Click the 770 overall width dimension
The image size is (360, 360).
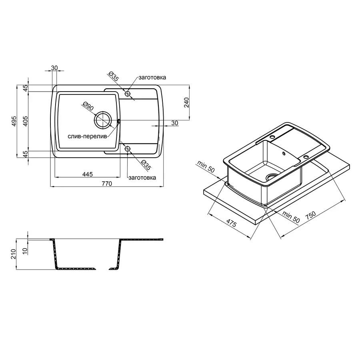(107, 184)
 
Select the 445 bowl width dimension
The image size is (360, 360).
(88, 174)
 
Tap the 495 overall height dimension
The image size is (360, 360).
(14, 121)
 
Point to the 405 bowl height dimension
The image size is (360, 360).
(25, 121)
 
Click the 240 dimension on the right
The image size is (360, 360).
(186, 102)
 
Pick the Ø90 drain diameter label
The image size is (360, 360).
(88, 106)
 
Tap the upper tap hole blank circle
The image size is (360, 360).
(128, 94)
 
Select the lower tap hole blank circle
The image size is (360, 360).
(128, 149)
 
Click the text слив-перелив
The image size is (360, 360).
(87, 136)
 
